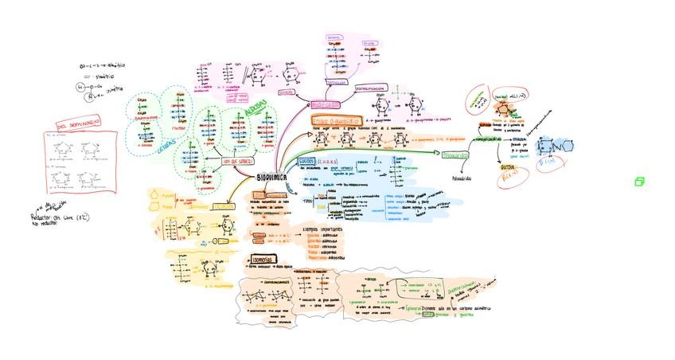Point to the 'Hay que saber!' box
238,161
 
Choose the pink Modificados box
325,104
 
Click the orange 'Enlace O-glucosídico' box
337,119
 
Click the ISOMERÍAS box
262,260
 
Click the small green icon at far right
638,182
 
